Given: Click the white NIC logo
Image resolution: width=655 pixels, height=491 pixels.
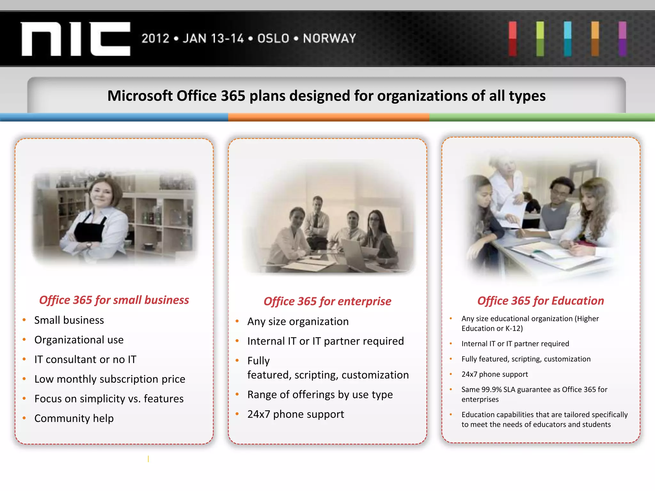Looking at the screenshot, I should [75, 39].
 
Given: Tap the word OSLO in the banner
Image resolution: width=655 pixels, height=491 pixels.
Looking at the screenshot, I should [273, 38].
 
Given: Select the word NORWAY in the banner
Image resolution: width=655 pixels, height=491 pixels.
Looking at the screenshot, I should [329, 38].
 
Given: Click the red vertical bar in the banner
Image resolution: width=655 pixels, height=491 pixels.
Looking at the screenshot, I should [512, 39].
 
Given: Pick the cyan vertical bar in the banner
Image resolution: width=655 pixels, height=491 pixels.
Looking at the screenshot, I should [568, 39].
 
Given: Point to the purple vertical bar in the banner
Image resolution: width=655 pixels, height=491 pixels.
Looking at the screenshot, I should [622, 39].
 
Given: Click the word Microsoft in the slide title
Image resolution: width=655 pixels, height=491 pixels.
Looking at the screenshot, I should [140, 96].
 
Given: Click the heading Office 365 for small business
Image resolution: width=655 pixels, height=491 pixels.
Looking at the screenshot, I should [114, 300].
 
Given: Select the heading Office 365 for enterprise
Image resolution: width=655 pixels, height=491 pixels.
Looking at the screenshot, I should [327, 301].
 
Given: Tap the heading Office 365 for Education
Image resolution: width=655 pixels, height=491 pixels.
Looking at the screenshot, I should [541, 300].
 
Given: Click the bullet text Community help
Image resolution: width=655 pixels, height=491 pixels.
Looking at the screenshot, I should [74, 418].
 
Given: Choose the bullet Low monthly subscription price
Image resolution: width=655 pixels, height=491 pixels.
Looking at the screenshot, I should [110, 379].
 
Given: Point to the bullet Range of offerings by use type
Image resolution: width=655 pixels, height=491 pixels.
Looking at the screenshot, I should [320, 394].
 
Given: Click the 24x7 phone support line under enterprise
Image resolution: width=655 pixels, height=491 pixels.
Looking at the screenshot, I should [296, 414].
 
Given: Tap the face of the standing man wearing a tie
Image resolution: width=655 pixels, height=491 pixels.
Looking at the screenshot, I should [318, 203].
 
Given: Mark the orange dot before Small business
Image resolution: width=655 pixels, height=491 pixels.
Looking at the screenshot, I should [24, 320].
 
